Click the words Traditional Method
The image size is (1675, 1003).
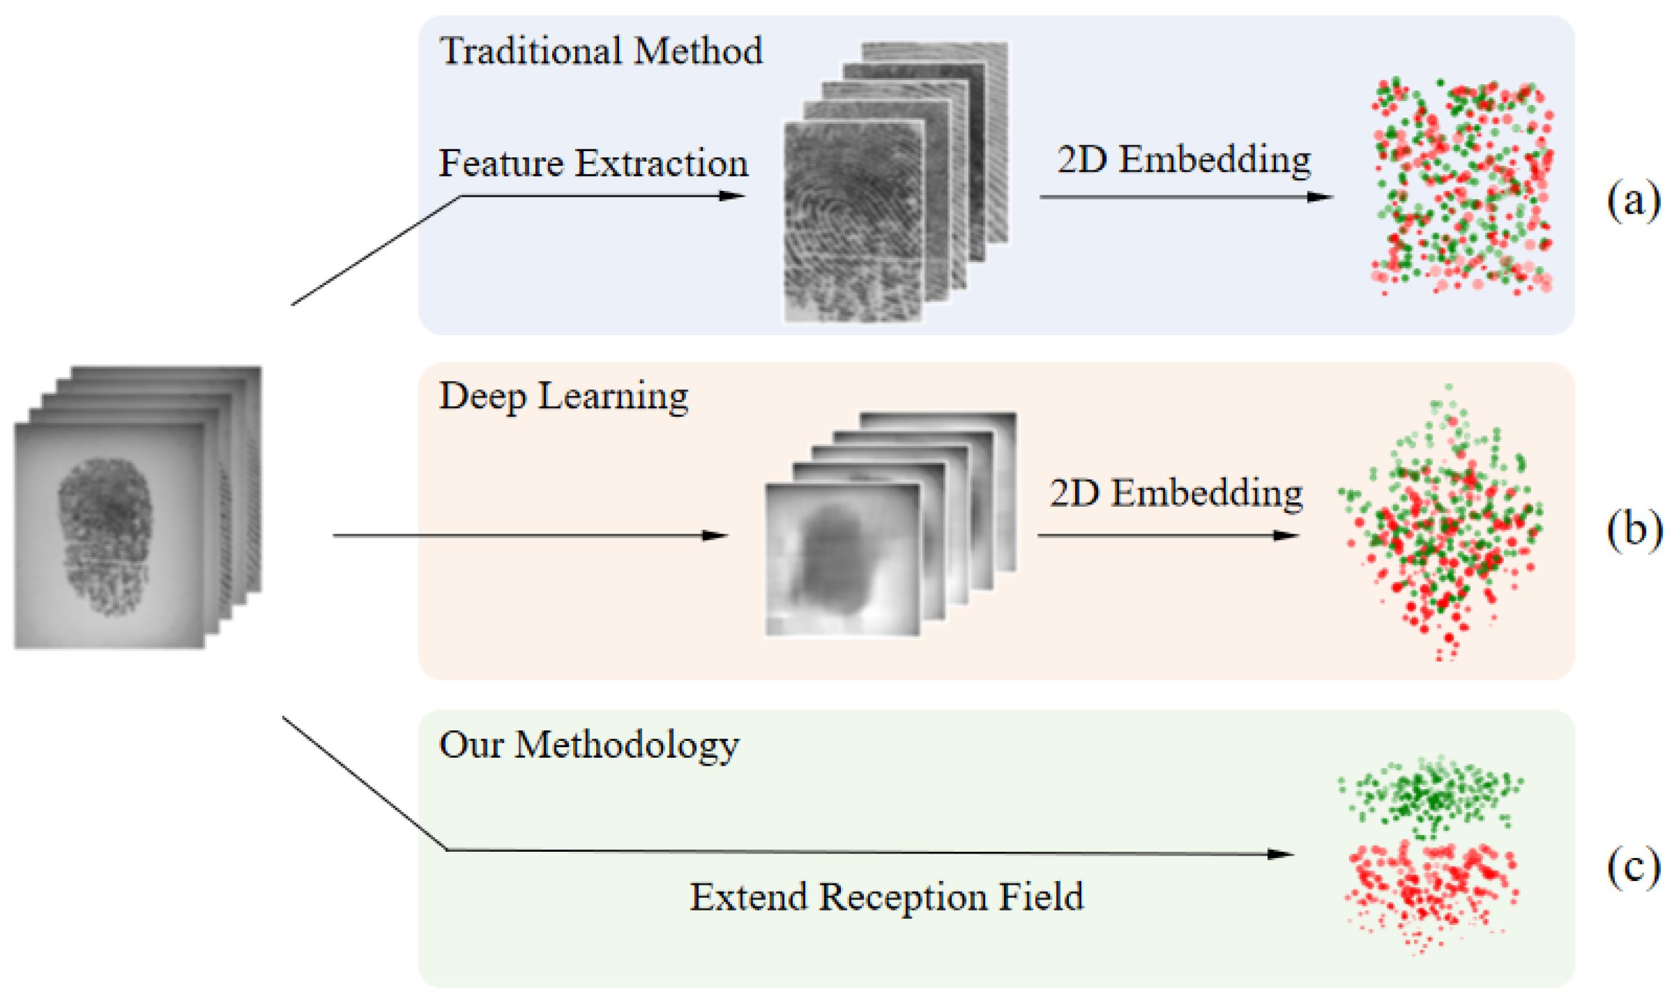pos(600,51)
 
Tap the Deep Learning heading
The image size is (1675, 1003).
pos(563,396)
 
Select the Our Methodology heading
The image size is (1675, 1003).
pos(589,745)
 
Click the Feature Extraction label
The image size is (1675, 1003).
pos(593,164)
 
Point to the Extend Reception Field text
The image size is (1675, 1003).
pos(886,897)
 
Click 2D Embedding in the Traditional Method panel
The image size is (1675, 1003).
pos(1184,160)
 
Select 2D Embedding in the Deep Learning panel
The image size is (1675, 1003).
pos(1176,493)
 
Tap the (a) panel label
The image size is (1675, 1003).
pos(1633,200)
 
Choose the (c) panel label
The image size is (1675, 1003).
pos(1633,868)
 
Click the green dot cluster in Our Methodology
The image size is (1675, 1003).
pos(1430,796)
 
